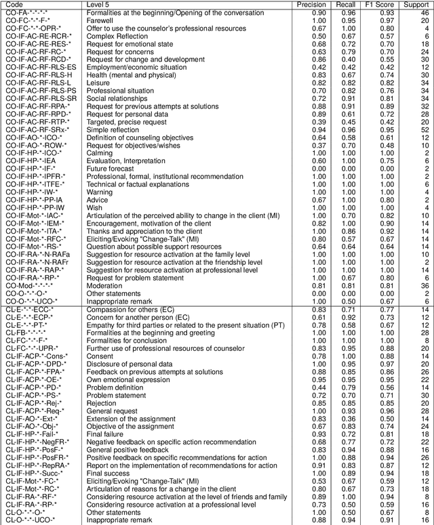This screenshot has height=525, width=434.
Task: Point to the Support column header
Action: (421, 5)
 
